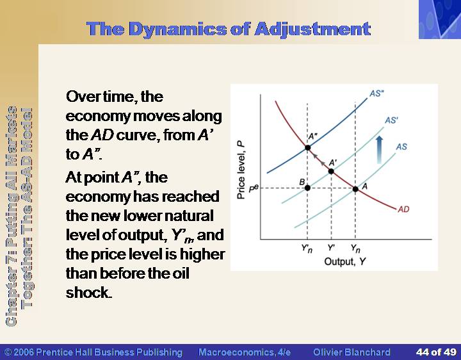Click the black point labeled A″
307,147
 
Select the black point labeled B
307,188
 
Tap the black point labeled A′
331,171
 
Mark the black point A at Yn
355,189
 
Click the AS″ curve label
376,94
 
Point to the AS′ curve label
392,120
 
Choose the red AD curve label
403,209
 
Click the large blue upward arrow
380,150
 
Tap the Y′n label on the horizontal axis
307,249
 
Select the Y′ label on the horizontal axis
332,248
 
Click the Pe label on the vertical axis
254,188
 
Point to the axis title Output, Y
345,261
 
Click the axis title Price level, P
241,170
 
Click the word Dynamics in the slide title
177,29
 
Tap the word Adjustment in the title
312,29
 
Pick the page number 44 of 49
436,352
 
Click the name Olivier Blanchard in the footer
352,352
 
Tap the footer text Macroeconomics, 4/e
245,352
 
